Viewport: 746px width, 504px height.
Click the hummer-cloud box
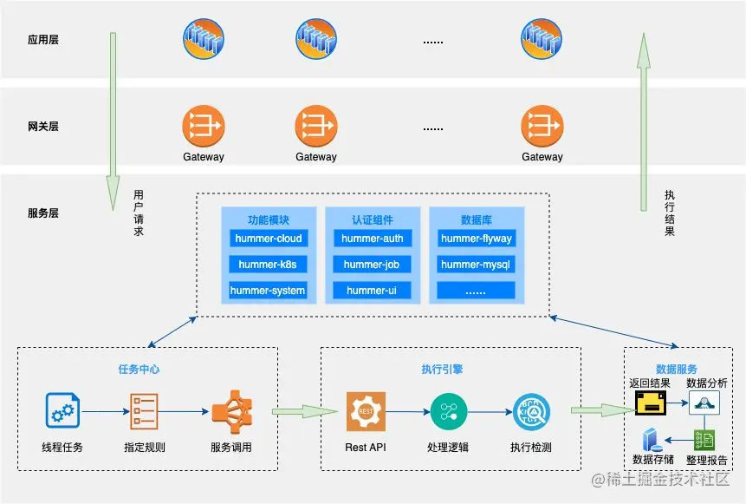[x=268, y=239]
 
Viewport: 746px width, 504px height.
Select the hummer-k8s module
[x=268, y=265]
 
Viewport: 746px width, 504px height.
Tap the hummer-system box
[x=268, y=291]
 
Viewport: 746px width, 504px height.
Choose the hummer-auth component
[x=372, y=239]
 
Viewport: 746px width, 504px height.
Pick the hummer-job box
[x=372, y=265]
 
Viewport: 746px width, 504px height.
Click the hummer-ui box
[x=372, y=291]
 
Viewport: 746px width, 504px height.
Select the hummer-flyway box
[x=476, y=239]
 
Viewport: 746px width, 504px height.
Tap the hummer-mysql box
[x=476, y=265]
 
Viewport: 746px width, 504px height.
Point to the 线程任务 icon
[x=63, y=411]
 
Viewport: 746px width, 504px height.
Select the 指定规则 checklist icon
[x=144, y=411]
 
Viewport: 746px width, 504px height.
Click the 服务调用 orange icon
[x=230, y=411]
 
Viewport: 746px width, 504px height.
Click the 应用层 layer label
[x=43, y=40]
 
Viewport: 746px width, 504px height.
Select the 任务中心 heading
[x=139, y=369]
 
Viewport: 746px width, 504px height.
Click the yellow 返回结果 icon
[x=650, y=403]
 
